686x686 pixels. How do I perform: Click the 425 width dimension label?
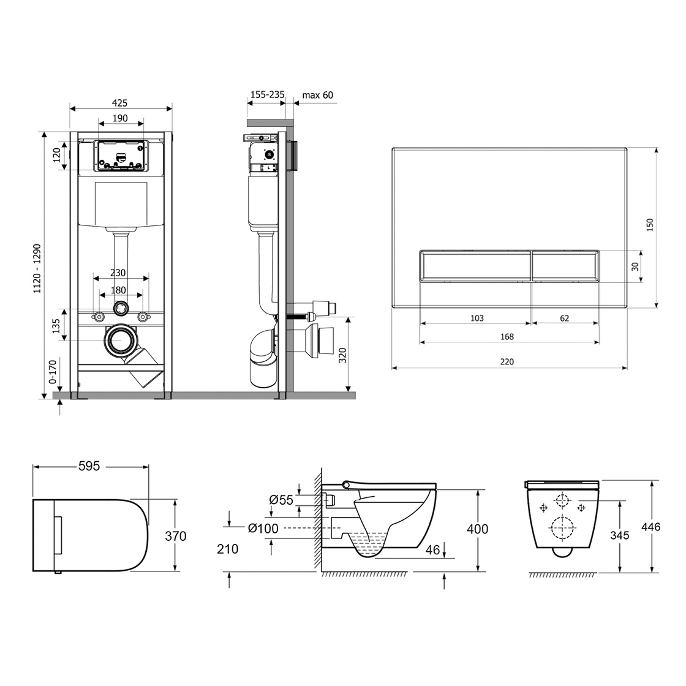coord(120,104)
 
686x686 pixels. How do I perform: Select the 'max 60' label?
coord(318,95)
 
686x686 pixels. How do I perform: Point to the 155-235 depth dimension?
coord(267,94)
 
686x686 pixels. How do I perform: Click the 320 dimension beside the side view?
coord(342,355)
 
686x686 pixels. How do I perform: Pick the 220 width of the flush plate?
coord(507,362)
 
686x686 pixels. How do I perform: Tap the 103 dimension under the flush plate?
coord(477,318)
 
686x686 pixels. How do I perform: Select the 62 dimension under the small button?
coord(564,318)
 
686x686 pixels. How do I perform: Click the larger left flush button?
coord(475,266)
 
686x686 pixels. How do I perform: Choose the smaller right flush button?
coord(565,266)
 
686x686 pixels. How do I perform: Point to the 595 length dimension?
coord(89,466)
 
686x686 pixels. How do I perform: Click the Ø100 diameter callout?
coord(263,529)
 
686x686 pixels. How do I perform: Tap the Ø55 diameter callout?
coord(281,500)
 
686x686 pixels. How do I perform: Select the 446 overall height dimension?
coord(650,527)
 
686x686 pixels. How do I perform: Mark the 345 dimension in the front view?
coord(619,535)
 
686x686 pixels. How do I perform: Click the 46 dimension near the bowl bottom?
coord(432,550)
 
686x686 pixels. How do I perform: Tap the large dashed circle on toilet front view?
coord(561,529)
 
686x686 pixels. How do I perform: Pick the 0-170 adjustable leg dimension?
coord(53,372)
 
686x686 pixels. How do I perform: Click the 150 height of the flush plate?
coord(650,225)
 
